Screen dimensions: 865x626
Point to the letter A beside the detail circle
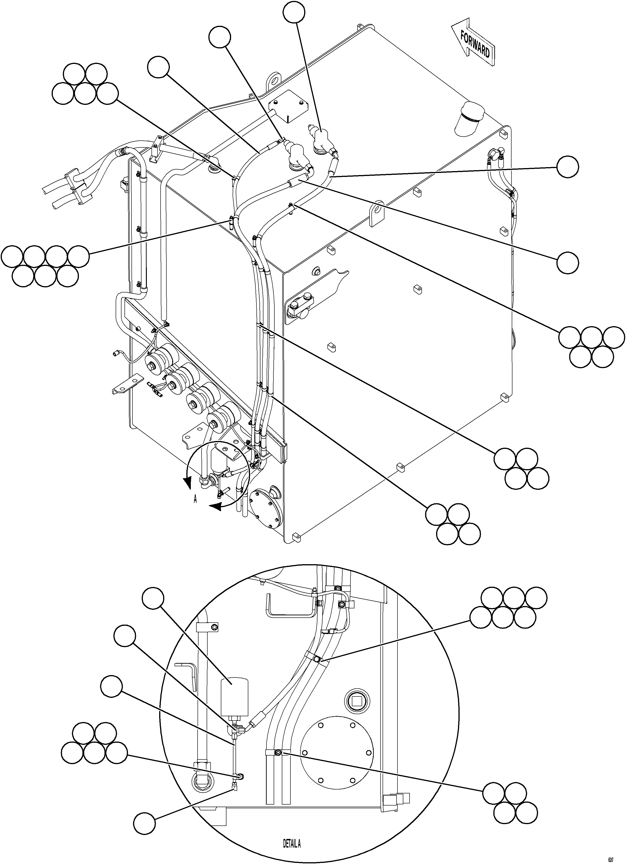coord(195,499)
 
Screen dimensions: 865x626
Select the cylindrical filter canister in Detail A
coord(234,698)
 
